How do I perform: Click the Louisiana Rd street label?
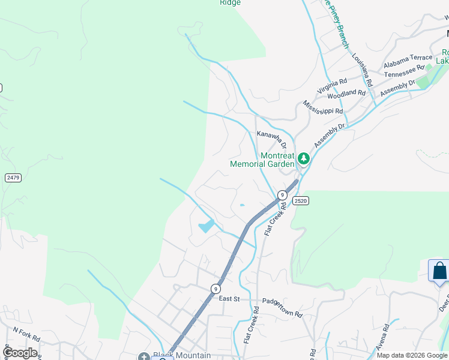coord(363,70)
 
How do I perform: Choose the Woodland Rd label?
coord(346,93)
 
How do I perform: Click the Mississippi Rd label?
coord(323,107)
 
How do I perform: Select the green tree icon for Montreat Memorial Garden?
coord(304,158)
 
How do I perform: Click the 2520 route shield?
coord(301,201)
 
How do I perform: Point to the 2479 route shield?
coord(13,178)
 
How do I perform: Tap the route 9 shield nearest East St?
coord(215,289)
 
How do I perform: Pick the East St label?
coord(229,299)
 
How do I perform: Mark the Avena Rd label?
coord(383,338)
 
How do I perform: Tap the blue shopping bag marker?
coord(439,270)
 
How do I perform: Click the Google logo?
coord(20,353)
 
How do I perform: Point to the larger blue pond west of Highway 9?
coord(206,226)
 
